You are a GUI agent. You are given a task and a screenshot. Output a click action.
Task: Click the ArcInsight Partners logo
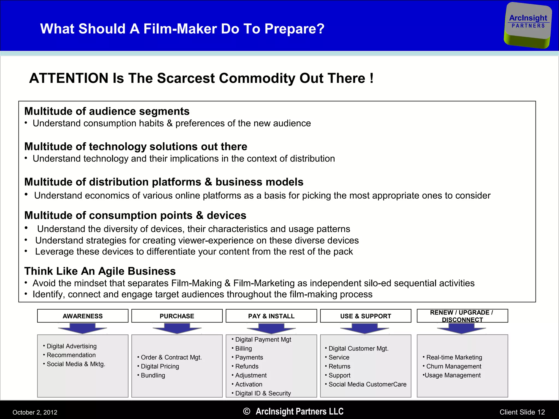click(528, 25)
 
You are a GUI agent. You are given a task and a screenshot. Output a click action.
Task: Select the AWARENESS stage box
click(83, 316)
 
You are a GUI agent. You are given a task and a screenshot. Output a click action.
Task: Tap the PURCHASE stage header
click(177, 316)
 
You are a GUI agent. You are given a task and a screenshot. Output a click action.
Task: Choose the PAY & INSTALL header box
click(271, 316)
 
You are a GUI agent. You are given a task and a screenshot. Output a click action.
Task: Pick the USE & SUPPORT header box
click(365, 316)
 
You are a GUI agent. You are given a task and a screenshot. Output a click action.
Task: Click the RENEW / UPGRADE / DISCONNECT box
click(462, 316)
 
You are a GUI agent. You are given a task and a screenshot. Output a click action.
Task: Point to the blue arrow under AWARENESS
click(82, 328)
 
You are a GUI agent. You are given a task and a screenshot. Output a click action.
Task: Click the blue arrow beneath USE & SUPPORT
click(365, 328)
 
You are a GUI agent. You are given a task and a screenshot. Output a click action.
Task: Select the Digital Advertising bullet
click(72, 346)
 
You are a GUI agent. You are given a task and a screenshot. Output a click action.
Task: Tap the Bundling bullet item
click(153, 375)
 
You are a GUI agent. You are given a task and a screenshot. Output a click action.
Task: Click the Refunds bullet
click(247, 366)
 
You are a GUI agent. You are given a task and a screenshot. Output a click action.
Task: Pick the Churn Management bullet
click(454, 366)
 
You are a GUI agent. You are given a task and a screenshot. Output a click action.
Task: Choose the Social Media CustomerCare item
click(367, 384)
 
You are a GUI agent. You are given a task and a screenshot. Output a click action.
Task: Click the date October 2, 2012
click(35, 412)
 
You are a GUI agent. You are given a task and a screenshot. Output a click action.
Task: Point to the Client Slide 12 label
click(522, 412)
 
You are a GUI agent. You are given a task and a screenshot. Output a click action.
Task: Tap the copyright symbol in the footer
click(246, 411)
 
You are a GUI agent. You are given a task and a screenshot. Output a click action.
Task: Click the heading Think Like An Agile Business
click(100, 271)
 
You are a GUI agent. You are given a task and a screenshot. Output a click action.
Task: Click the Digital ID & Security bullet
click(263, 393)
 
